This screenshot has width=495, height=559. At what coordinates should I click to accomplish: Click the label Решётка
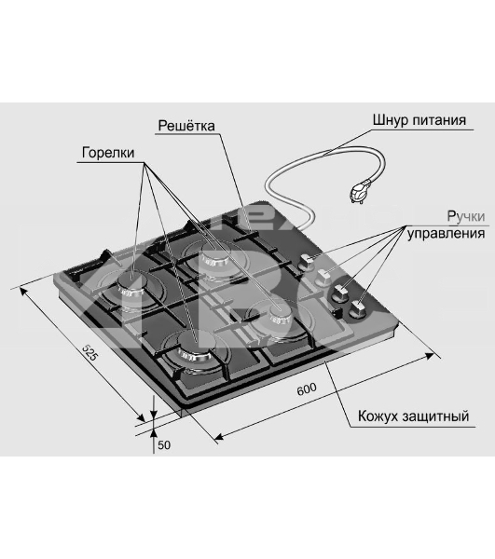[x=186, y=126]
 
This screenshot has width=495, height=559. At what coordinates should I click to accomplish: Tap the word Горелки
[x=108, y=153]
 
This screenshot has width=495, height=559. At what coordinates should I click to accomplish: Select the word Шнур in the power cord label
[x=390, y=120]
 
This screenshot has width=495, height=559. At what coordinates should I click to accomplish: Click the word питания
[x=439, y=120]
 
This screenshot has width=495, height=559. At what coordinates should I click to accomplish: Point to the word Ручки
[x=466, y=216]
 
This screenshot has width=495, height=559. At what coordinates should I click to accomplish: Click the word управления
[x=447, y=234]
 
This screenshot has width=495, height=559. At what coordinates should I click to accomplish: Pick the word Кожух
[x=378, y=416]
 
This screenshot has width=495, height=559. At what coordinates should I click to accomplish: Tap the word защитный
[x=435, y=416]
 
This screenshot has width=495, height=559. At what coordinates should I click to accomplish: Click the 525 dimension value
[x=89, y=352]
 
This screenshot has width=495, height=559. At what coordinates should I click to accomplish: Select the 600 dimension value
[x=307, y=389]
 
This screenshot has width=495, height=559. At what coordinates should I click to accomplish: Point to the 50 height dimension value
[x=164, y=445]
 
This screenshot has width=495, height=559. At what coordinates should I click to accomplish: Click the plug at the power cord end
[x=360, y=192]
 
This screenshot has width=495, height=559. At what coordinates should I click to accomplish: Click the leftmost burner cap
[x=131, y=286]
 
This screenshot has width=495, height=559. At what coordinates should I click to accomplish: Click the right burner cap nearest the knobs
[x=281, y=315]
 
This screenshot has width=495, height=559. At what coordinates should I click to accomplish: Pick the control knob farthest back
[x=307, y=262]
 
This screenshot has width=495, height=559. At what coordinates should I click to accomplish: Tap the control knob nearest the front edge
[x=358, y=309]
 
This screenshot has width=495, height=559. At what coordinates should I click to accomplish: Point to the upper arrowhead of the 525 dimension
[x=24, y=292]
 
